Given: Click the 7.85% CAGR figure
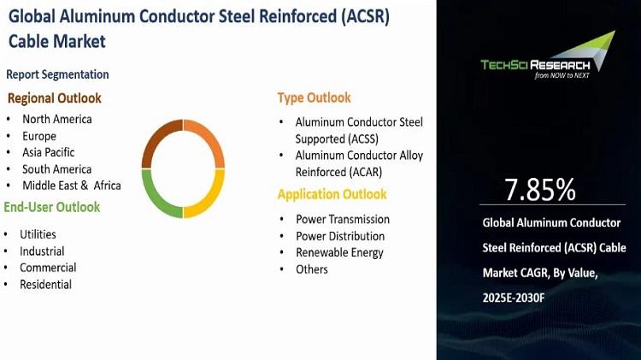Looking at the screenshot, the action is point(540,190).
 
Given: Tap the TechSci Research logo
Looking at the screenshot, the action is point(547,56).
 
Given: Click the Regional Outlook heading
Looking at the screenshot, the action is point(55,98).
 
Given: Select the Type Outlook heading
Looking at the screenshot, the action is point(314,97).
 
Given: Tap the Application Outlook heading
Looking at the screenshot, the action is point(332,194).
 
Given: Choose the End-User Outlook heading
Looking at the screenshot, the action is point(52,207).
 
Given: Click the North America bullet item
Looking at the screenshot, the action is point(56,119).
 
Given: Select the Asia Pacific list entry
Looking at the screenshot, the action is point(48,152).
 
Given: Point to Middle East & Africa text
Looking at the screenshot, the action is point(72,186).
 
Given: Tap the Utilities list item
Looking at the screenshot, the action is point(38,234).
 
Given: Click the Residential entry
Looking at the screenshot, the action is point(45,284).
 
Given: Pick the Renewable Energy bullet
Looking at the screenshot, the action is point(339,253).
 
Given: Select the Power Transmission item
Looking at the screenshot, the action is point(343,219).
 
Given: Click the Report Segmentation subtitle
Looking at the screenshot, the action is point(57,74).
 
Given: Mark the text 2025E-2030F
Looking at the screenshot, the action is point(514,298).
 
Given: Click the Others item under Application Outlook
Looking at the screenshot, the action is point(311,269).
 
